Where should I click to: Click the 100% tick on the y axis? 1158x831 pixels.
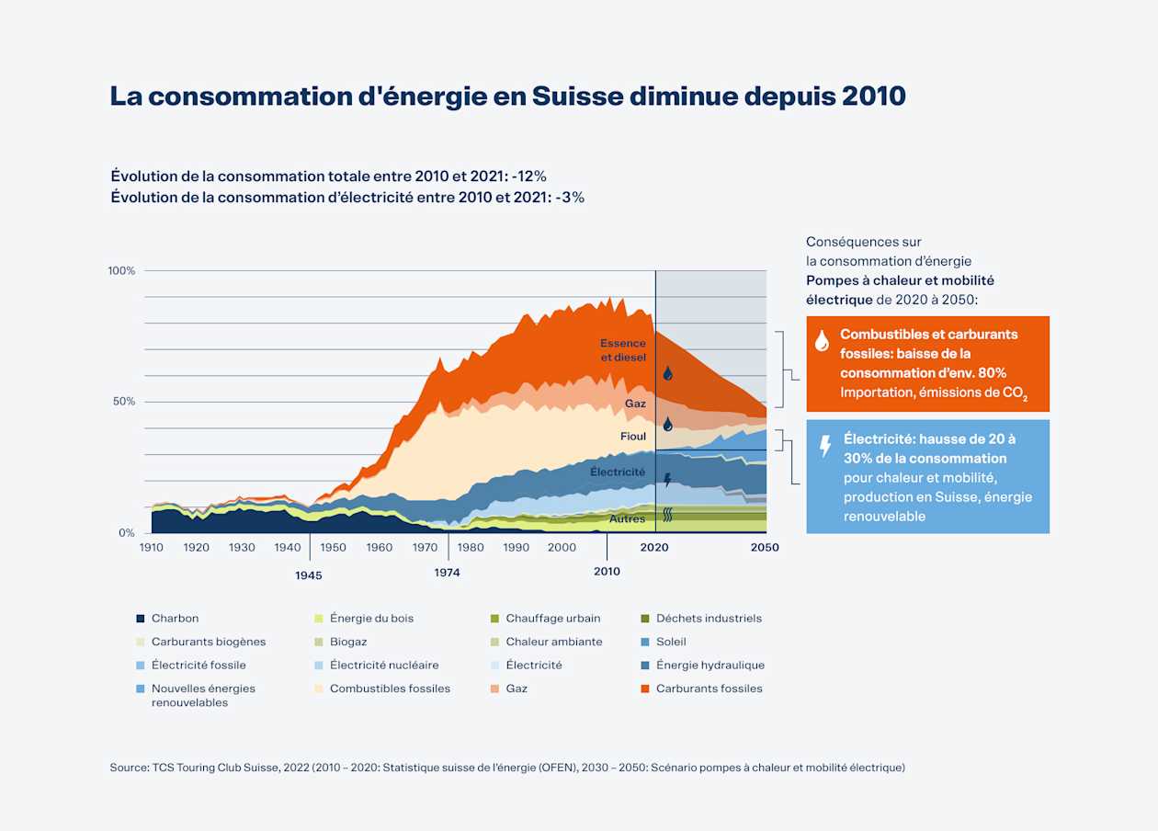click(x=121, y=271)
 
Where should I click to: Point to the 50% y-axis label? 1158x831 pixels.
click(x=123, y=402)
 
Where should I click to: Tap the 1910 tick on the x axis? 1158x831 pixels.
click(x=152, y=548)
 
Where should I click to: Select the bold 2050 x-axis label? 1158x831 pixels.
click(x=764, y=548)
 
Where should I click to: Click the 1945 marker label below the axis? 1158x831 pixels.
click(x=309, y=575)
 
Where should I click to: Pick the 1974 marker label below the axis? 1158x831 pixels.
click(x=448, y=573)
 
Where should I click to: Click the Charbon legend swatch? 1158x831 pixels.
click(x=141, y=619)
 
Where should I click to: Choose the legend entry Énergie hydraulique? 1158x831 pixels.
click(x=710, y=666)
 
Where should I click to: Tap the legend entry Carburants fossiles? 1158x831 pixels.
click(x=709, y=689)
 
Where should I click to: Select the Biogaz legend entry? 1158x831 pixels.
click(x=348, y=642)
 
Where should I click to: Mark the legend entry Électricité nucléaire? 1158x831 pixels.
click(x=383, y=666)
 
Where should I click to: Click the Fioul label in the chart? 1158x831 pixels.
click(x=632, y=437)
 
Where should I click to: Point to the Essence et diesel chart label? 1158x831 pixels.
click(x=623, y=350)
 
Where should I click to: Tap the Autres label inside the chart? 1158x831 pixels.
click(x=628, y=519)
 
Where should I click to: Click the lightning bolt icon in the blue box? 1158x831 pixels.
click(x=825, y=447)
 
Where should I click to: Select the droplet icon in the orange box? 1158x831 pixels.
click(x=823, y=341)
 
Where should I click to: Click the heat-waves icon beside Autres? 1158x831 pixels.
click(x=668, y=516)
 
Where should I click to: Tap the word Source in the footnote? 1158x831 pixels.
click(x=129, y=768)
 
